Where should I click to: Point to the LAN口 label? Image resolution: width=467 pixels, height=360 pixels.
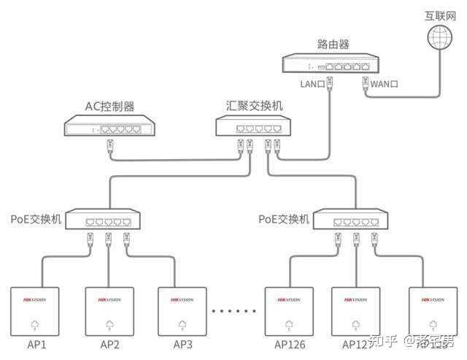312,84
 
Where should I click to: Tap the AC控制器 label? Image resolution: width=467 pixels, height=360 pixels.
109,107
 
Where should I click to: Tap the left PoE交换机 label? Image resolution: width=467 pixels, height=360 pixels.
36,219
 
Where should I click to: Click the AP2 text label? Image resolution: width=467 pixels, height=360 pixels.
109,345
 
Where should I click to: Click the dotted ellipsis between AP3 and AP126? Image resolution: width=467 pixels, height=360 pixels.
236,310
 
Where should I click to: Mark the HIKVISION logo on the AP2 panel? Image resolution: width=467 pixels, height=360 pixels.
109,299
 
